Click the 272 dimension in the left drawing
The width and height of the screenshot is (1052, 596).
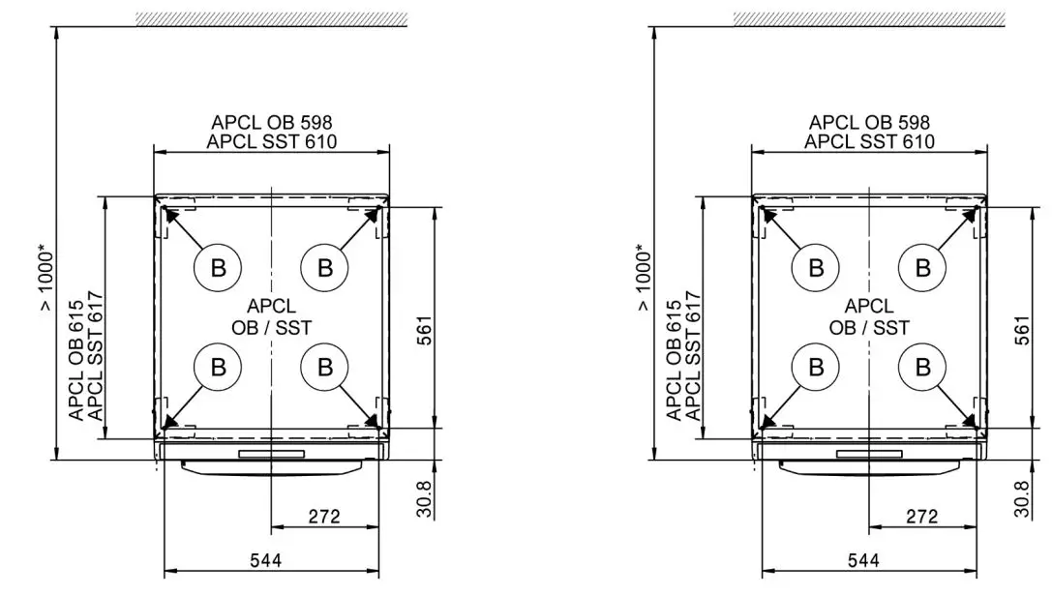pyautogui.click(x=324, y=517)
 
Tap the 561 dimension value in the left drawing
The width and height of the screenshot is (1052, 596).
pyautogui.click(x=426, y=331)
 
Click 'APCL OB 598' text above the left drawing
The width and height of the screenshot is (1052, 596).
pyautogui.click(x=272, y=123)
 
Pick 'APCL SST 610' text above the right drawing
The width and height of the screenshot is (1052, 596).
pyautogui.click(x=869, y=141)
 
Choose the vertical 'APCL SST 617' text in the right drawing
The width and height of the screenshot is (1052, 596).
pyautogui.click(x=693, y=355)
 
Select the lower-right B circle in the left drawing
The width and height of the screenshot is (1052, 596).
pyautogui.click(x=325, y=367)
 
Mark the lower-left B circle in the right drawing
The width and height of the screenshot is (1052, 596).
pyautogui.click(x=816, y=367)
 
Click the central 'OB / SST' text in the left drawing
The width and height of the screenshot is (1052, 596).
pyautogui.click(x=271, y=328)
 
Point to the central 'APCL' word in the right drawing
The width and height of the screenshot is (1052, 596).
pyautogui.click(x=869, y=307)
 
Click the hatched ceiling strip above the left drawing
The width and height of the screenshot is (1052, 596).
pyautogui.click(x=270, y=18)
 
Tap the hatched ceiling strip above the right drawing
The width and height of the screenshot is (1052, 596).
pyautogui.click(x=868, y=18)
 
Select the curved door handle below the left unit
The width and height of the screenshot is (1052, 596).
pyautogui.click(x=272, y=467)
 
